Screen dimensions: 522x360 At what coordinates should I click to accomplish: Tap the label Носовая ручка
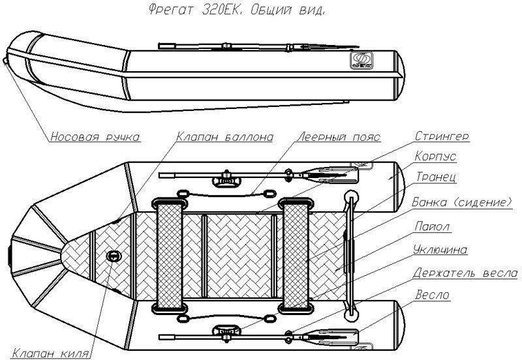tap(95, 137)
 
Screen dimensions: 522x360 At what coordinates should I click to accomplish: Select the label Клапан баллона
tap(224, 137)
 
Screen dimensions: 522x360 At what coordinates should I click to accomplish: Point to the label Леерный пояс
tap(339, 137)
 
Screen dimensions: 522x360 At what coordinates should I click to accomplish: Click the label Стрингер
tap(442, 136)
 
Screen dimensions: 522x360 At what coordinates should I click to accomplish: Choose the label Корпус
tap(435, 156)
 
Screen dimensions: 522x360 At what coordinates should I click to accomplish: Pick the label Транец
tap(436, 177)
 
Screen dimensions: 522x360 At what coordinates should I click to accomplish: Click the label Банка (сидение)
tap(462, 202)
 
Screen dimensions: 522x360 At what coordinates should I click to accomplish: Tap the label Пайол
tap(432, 226)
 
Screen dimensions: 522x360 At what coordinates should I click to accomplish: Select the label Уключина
tap(440, 249)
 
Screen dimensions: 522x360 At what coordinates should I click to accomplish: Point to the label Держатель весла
tap(465, 273)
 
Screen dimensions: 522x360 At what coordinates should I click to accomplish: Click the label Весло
tap(433, 295)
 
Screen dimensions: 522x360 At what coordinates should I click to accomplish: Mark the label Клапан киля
tap(51, 353)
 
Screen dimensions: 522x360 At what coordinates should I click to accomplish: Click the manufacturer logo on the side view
tap(361, 60)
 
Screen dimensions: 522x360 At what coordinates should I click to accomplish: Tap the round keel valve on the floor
tap(114, 256)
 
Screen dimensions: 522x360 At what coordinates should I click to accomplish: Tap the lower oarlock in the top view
tap(226, 332)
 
